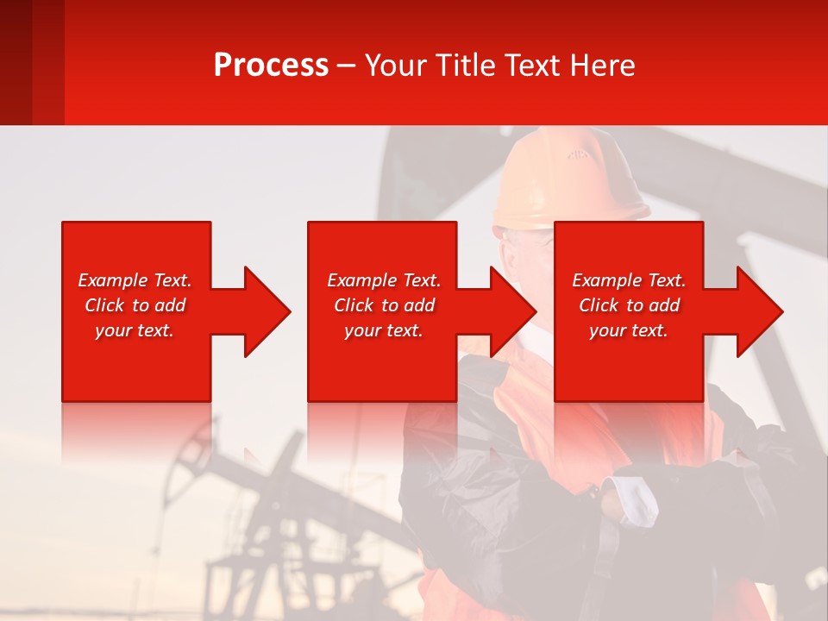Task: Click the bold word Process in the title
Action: click(x=271, y=66)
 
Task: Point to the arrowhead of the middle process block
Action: click(x=511, y=311)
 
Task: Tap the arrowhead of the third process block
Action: click(x=758, y=311)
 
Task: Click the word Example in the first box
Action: click(x=113, y=280)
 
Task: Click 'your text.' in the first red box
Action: click(x=135, y=330)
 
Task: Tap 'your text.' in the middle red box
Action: click(x=384, y=330)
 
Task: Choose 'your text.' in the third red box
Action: click(x=629, y=330)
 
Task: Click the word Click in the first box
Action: click(x=104, y=305)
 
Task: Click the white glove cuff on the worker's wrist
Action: click(x=637, y=500)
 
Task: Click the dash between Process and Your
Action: click(x=347, y=66)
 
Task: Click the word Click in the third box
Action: click(x=599, y=305)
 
